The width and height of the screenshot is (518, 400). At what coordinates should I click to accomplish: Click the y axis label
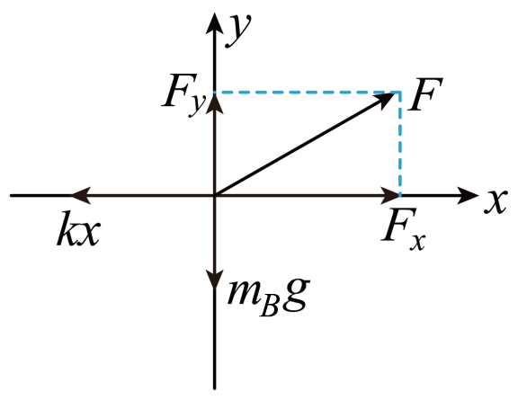[238, 30]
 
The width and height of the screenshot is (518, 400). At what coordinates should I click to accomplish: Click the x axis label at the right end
[496, 202]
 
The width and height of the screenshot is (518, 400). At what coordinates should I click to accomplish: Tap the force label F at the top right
[425, 94]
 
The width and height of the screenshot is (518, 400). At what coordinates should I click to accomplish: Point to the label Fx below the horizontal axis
[404, 229]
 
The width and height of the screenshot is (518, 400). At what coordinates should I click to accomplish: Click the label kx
[78, 228]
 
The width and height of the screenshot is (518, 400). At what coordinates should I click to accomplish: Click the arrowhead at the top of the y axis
[215, 22]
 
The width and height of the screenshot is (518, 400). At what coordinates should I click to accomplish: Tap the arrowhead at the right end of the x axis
[468, 196]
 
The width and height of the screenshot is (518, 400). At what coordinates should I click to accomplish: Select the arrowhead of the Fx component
[389, 196]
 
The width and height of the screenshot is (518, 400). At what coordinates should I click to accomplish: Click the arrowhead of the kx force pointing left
[82, 196]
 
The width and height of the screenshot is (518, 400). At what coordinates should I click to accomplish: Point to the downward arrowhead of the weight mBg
[215, 280]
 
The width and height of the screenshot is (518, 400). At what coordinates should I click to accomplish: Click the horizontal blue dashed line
[308, 93]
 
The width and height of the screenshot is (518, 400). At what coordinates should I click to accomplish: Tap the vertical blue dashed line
[400, 144]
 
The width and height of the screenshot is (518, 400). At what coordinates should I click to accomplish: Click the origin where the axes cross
[215, 196]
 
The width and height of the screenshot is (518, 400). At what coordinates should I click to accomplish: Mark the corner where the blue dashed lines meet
[400, 93]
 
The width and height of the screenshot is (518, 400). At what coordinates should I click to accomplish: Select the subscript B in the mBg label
[270, 307]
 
